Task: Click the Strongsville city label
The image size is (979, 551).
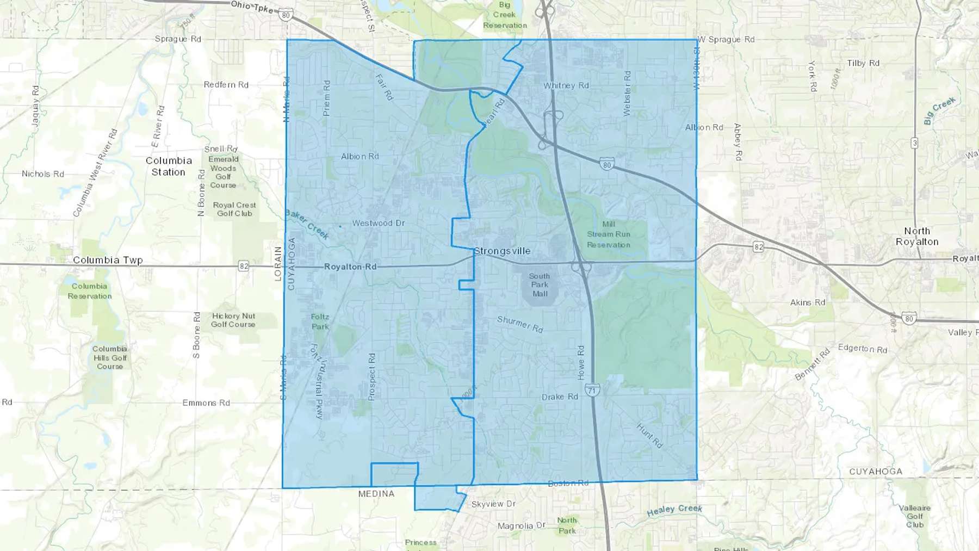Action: click(x=502, y=251)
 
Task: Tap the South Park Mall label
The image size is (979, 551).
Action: click(x=540, y=285)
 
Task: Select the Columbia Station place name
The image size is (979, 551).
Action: click(x=169, y=166)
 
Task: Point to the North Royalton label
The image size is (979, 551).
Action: click(x=917, y=237)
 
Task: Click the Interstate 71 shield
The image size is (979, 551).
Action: click(x=593, y=389)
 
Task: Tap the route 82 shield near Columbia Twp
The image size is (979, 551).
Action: click(x=243, y=266)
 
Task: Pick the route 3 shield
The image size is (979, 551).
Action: click(x=915, y=143)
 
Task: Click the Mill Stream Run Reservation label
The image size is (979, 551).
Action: click(x=609, y=234)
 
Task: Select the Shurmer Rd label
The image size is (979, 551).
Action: click(x=520, y=324)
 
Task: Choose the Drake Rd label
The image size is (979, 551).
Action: click(x=560, y=397)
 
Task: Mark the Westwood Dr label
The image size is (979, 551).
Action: click(x=379, y=223)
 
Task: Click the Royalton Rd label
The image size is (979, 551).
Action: click(x=350, y=267)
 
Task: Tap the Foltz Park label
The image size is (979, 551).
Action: click(x=320, y=321)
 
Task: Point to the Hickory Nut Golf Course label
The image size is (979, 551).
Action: click(x=233, y=320)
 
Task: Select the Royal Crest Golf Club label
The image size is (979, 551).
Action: click(x=234, y=209)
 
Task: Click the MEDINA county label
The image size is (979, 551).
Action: click(x=376, y=494)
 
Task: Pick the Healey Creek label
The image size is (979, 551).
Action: click(x=674, y=510)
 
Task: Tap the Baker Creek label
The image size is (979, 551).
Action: click(x=307, y=225)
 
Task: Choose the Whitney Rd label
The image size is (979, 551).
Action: click(x=566, y=85)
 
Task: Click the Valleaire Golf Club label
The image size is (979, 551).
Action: click(x=915, y=516)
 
